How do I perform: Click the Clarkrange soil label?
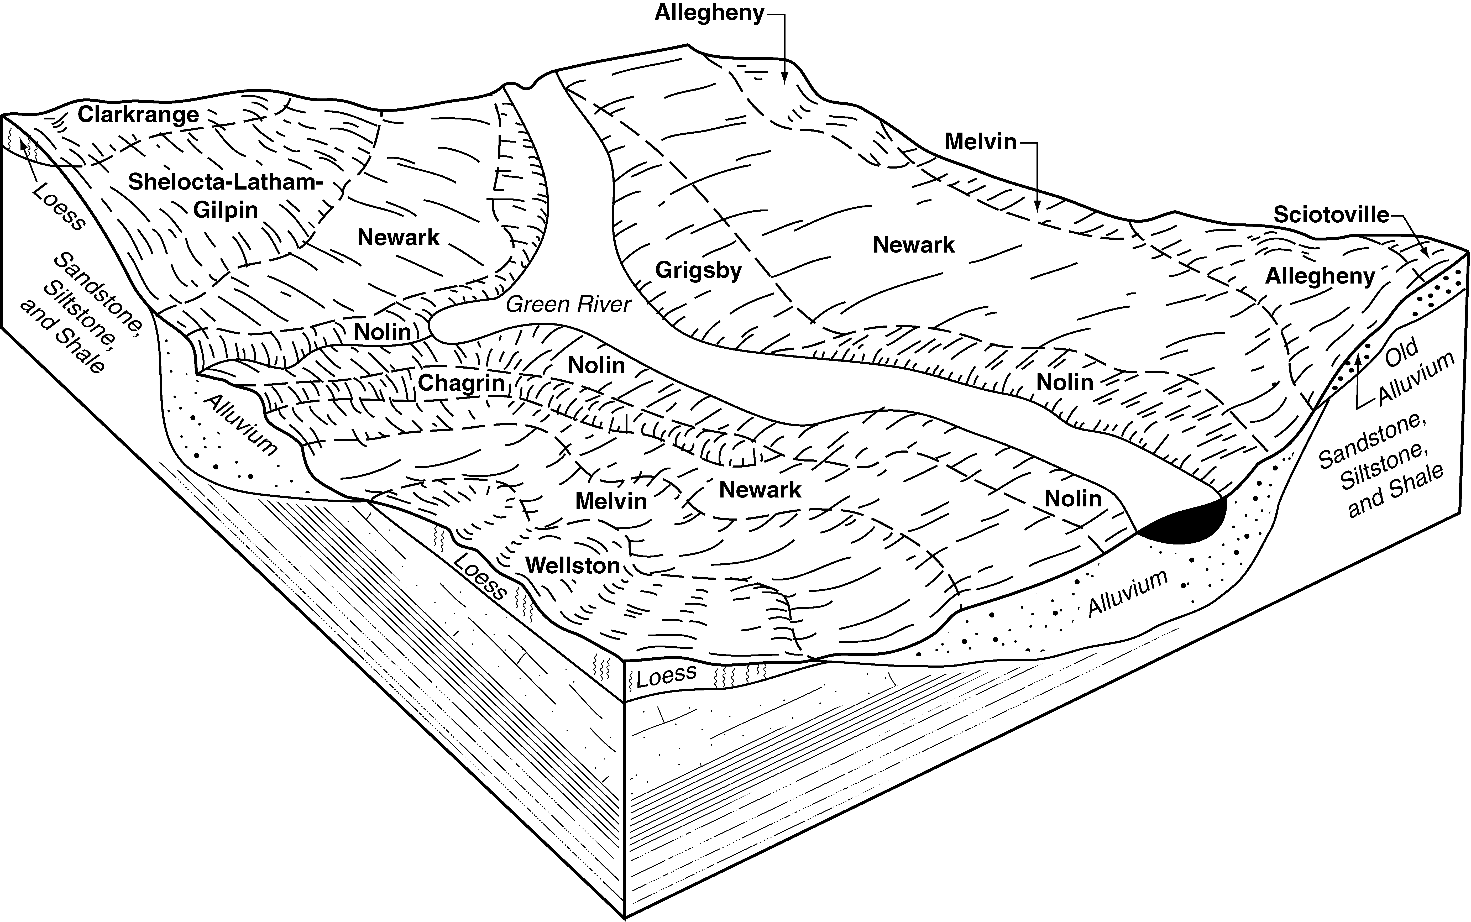tap(138, 114)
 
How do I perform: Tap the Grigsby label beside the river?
tap(699, 270)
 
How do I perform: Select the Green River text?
tap(568, 304)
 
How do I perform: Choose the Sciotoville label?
tap(1331, 215)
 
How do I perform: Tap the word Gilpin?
tap(226, 210)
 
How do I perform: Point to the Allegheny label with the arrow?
tap(709, 13)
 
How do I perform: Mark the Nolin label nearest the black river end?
tap(1073, 499)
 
